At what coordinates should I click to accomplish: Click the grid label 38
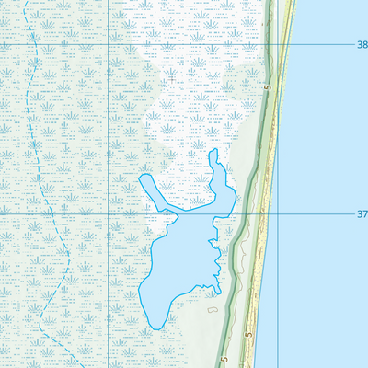tap(361, 43)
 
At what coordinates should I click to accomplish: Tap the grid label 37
tap(361, 213)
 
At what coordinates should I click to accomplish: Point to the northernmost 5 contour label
tap(266, 87)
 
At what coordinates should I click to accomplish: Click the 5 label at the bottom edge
tap(224, 361)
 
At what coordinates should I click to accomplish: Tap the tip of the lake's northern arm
tap(213, 152)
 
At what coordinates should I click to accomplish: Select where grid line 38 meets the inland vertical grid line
tap(109, 43)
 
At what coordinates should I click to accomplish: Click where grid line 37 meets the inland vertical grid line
tap(109, 213)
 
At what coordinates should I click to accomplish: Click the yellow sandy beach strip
tap(267, 184)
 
